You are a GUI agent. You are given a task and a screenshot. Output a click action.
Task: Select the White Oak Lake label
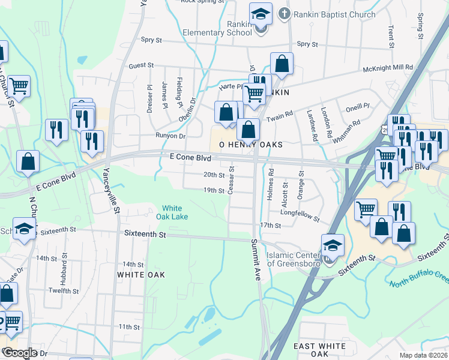(172, 212)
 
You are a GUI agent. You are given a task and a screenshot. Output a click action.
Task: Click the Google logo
(20, 353)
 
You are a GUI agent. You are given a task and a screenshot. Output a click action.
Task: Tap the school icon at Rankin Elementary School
(261, 14)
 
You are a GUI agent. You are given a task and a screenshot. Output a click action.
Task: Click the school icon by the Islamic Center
(333, 245)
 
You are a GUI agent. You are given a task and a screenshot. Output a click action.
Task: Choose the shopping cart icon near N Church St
(19, 86)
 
